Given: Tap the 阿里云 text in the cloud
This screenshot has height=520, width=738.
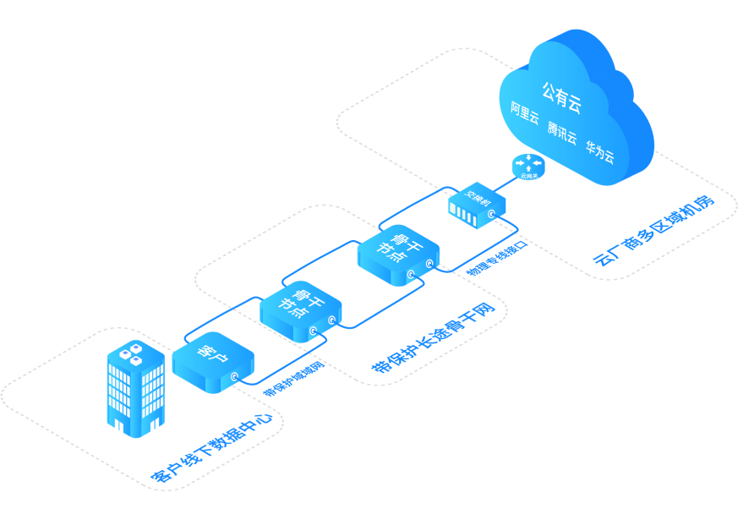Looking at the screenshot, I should coord(525,114).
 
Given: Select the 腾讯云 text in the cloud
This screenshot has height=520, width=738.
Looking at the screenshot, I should coord(561,134).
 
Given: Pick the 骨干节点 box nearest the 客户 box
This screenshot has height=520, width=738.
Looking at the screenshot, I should coord(300,309).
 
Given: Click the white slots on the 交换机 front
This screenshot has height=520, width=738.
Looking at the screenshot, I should coord(468,215).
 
